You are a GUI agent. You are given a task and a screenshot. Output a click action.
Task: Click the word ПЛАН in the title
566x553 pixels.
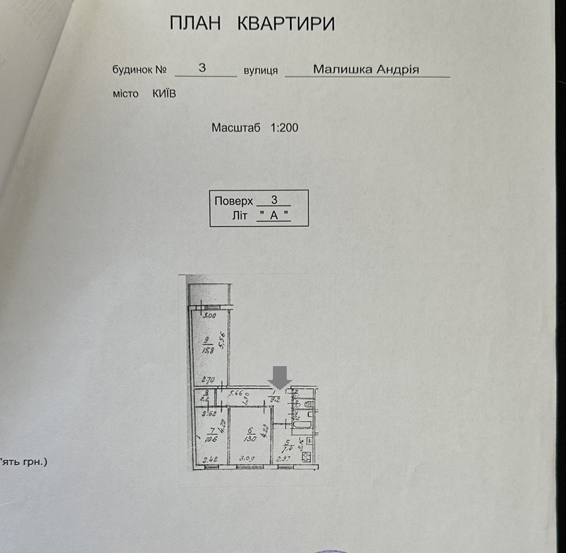click(x=196, y=24)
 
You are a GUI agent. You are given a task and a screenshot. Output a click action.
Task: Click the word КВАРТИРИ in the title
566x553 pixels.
click(x=286, y=24)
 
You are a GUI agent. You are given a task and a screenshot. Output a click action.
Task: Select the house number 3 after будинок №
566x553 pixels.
click(x=203, y=68)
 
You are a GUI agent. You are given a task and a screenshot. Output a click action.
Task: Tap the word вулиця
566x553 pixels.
click(x=262, y=70)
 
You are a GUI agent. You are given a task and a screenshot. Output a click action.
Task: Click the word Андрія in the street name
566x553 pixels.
click(x=397, y=69)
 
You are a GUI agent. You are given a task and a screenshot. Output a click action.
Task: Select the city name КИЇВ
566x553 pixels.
click(x=164, y=93)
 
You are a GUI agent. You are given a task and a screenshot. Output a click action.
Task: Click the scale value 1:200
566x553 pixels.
click(x=284, y=127)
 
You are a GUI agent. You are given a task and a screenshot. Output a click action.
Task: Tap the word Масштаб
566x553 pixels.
click(x=236, y=127)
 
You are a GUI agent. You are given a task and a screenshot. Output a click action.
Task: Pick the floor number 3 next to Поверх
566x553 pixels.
click(x=274, y=200)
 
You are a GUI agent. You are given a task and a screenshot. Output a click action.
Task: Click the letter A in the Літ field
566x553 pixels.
click(x=274, y=215)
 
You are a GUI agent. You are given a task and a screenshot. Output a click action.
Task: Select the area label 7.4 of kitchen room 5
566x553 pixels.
click(x=287, y=448)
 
